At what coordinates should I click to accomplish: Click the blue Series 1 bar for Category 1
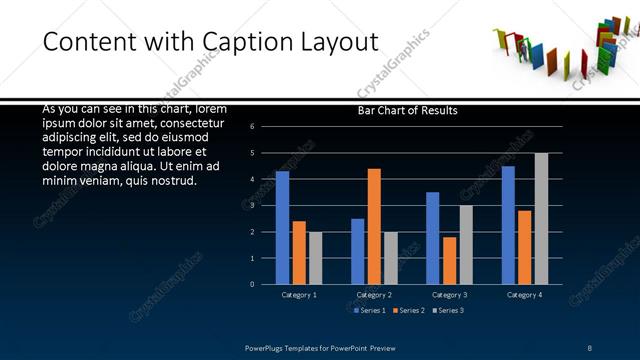(x=282, y=228)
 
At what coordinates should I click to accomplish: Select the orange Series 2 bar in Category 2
(x=374, y=226)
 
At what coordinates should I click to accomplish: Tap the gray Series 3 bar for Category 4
(x=541, y=218)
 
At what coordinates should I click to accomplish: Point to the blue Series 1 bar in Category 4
(x=508, y=225)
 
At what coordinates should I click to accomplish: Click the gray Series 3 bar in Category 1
(x=316, y=258)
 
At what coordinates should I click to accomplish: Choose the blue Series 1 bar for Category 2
(x=357, y=251)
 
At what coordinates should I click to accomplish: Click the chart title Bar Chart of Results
(x=408, y=111)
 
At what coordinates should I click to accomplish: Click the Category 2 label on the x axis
(x=374, y=295)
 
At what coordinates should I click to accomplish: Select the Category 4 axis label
(x=524, y=295)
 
